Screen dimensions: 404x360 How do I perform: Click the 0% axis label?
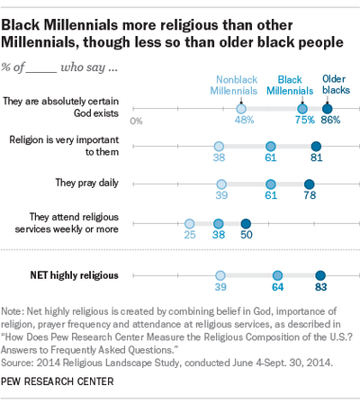coord(136,120)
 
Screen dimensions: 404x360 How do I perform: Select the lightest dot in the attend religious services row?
coord(190,223)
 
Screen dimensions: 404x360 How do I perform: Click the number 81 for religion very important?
coord(316,157)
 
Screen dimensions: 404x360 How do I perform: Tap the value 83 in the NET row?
coord(319,290)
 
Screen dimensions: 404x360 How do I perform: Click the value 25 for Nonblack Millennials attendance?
coord(190,236)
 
